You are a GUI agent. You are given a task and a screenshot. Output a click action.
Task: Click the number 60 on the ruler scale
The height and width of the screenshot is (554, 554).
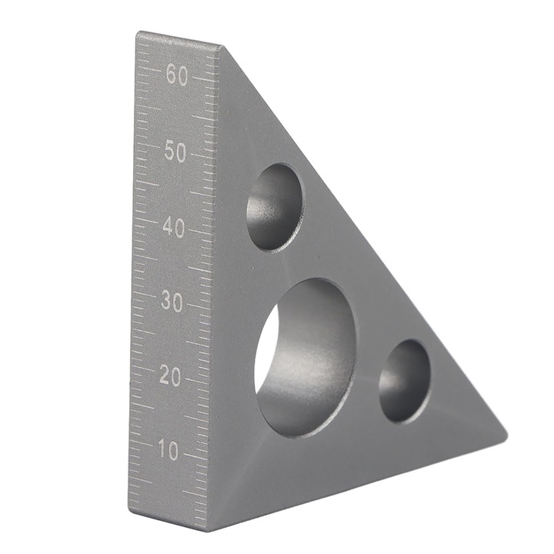[176, 76]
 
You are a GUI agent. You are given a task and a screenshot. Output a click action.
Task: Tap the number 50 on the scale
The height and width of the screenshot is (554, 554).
[175, 152]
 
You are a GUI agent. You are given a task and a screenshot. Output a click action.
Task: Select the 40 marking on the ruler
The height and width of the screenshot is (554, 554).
[173, 229]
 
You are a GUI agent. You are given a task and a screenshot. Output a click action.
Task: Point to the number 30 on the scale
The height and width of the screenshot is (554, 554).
[172, 302]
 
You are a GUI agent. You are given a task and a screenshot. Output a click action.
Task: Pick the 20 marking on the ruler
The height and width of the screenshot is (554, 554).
[170, 376]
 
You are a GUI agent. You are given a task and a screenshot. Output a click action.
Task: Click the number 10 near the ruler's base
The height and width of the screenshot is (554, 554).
[169, 451]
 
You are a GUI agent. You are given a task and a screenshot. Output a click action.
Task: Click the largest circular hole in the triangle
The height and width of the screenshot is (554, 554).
[305, 357]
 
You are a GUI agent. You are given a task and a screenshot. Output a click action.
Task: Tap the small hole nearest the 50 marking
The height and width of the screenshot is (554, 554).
[275, 206]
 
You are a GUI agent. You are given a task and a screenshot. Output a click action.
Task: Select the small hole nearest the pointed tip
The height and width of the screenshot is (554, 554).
[405, 381]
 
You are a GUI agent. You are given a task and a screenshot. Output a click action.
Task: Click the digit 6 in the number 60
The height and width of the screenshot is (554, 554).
[169, 76]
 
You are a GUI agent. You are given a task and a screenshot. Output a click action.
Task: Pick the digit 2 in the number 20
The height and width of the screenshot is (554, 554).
[164, 376]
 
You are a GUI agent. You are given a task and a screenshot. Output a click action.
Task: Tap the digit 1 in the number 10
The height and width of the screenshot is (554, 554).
[162, 451]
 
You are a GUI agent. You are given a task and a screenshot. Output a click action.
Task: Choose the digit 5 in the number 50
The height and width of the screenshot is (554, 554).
[169, 152]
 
